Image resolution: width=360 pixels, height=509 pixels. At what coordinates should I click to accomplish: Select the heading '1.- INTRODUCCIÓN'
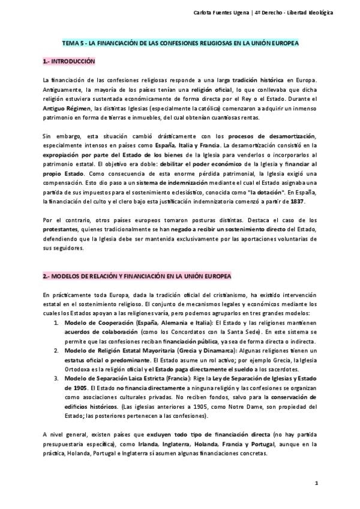(69, 62)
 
